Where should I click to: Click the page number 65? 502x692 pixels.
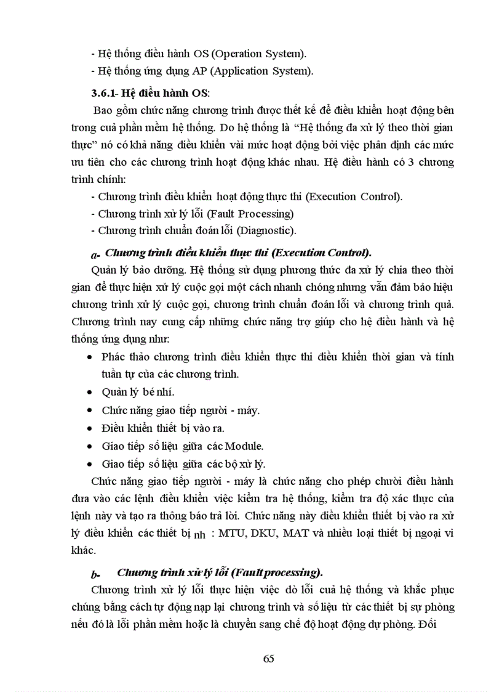tap(268, 658)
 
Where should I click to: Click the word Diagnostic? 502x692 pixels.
tap(265, 230)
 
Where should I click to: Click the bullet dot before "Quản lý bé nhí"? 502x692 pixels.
tap(90, 392)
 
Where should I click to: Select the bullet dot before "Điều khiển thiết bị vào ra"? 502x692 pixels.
tap(90, 428)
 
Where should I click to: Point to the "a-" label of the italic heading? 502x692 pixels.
tap(95, 254)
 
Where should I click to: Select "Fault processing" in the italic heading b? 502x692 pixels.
tap(278, 572)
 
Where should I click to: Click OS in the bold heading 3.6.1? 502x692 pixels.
tap(201, 94)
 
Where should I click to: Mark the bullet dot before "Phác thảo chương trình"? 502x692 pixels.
tap(90, 357)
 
